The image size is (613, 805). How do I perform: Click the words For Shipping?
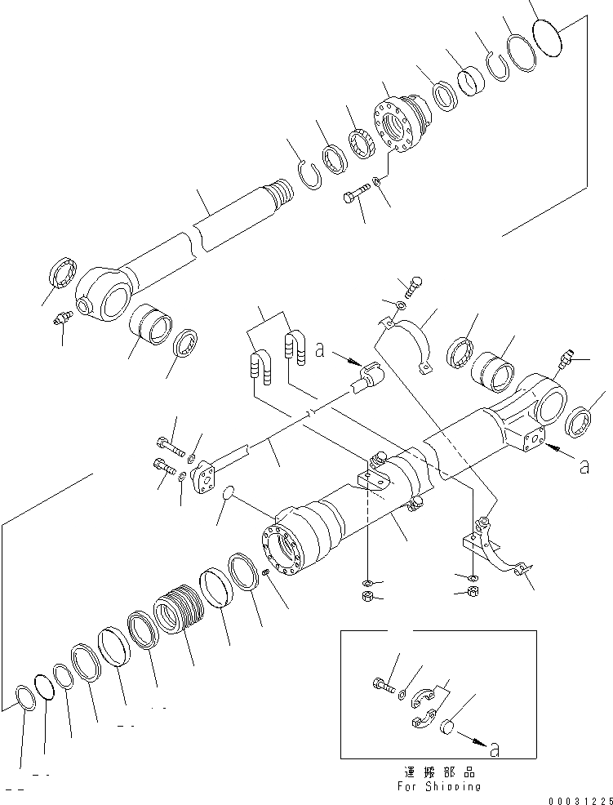(440, 786)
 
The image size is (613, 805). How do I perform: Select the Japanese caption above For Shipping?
(439, 772)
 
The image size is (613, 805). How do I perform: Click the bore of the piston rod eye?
(113, 299)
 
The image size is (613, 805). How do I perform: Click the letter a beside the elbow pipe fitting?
(320, 352)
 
